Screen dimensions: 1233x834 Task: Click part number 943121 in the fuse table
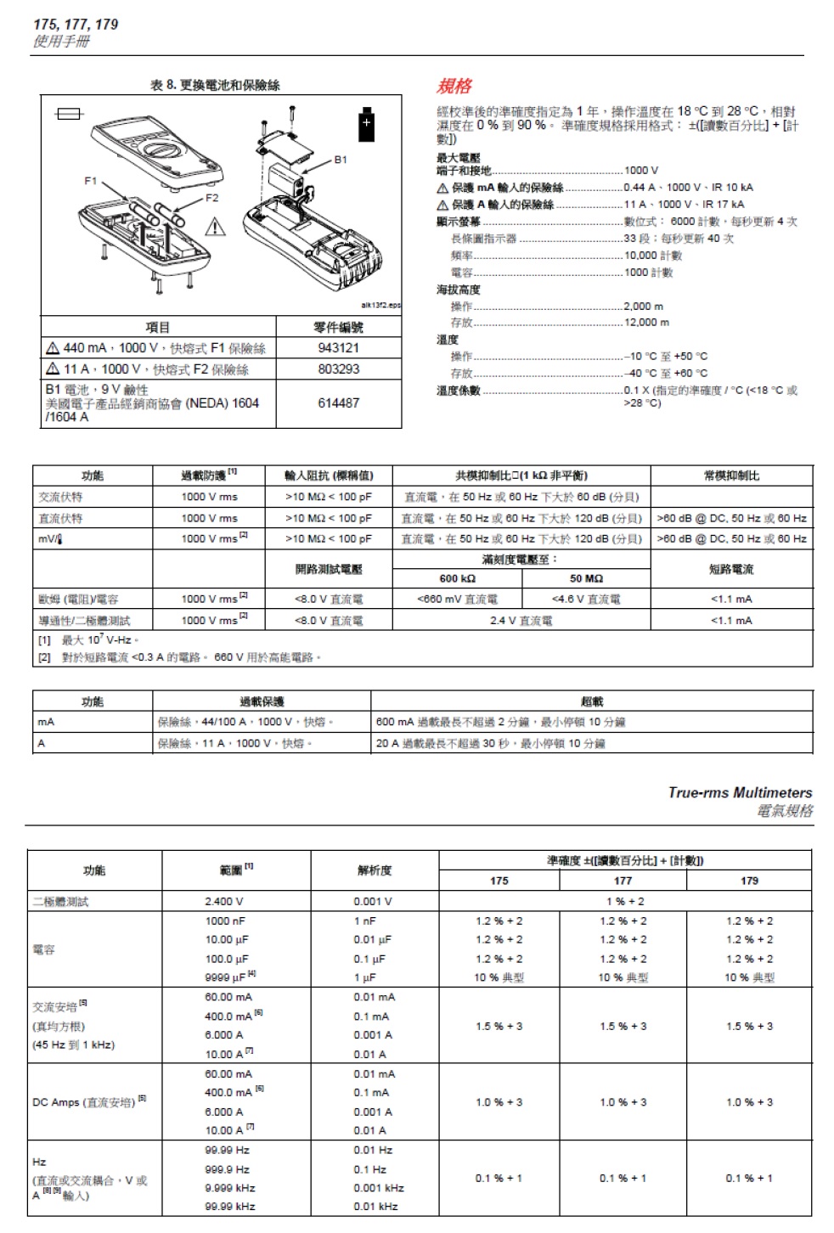coord(338,348)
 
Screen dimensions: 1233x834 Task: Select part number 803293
coord(338,369)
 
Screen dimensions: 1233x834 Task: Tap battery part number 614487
coord(338,403)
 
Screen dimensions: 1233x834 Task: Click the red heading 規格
coord(454,86)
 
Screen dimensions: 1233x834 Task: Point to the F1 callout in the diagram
coord(91,181)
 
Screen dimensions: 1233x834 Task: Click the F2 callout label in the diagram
coord(211,198)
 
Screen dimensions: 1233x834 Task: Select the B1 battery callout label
coord(341,159)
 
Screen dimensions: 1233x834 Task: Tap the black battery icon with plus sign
coord(367,124)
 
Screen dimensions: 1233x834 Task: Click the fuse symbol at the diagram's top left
coord(69,113)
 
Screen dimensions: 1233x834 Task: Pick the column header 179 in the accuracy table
coord(749,881)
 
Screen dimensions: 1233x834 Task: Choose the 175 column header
coord(499,881)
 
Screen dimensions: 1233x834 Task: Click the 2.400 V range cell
coord(224,902)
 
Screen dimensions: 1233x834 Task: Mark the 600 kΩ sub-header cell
coord(458,578)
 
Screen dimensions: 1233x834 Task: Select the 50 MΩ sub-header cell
coord(586,578)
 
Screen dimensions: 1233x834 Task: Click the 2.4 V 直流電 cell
coord(521,621)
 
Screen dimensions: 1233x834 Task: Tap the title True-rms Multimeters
coord(740,792)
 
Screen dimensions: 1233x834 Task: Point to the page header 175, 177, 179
coord(76,25)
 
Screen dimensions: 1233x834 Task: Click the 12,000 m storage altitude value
coord(646,323)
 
